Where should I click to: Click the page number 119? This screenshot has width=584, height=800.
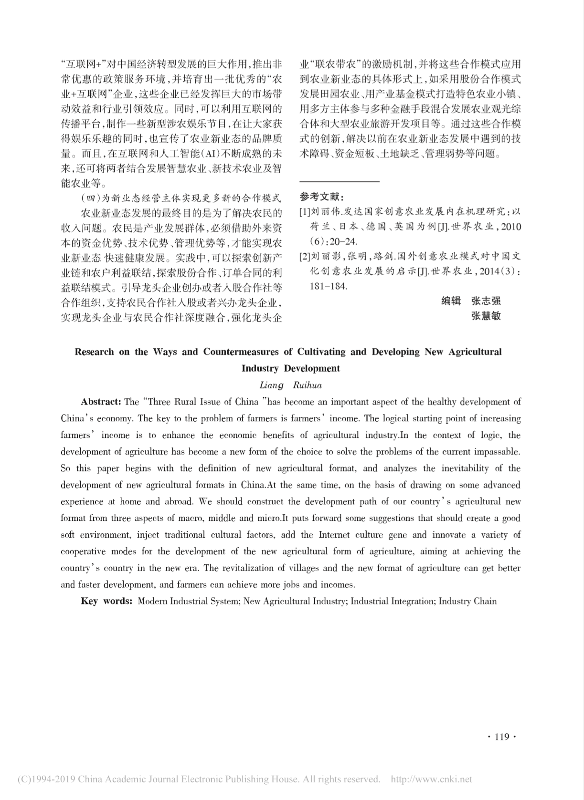coord(502,737)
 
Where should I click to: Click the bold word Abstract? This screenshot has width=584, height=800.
coord(101,402)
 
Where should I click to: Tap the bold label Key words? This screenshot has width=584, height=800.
coord(106,601)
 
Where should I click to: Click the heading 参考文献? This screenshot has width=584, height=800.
coord(321,197)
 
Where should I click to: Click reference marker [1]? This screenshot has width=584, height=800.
coord(304,211)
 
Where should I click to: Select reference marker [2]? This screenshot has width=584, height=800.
coord(304,257)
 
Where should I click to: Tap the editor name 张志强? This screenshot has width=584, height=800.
coord(486,301)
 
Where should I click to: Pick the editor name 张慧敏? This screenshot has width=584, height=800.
coord(486,316)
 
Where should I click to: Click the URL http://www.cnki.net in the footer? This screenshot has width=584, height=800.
coord(431,779)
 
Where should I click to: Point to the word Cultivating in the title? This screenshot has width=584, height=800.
coord(321,352)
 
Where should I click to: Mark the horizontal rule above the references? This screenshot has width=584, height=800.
coord(339,182)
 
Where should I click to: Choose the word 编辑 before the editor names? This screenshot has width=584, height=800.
coord(451,301)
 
